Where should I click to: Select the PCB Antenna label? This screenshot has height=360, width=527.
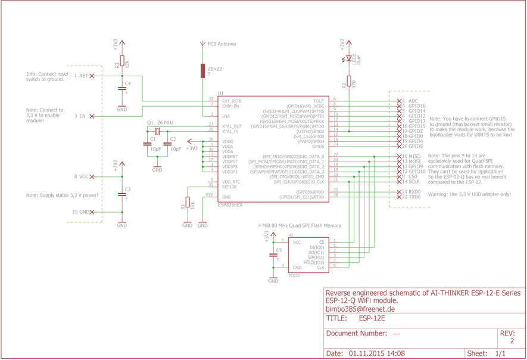(222, 44)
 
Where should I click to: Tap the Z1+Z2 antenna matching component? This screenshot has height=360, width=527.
(202, 70)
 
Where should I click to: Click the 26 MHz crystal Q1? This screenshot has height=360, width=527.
(157, 131)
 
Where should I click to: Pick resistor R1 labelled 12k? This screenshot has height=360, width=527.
(188, 204)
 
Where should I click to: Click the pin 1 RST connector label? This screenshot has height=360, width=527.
(81, 76)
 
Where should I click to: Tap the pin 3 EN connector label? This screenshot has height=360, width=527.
(80, 116)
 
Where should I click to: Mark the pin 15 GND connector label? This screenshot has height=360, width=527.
(80, 212)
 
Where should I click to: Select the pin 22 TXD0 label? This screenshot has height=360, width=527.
(411, 197)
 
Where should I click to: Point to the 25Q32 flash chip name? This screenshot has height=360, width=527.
(294, 276)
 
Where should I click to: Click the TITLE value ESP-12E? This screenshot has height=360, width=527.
(372, 319)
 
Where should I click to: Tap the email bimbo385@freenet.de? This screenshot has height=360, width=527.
(360, 309)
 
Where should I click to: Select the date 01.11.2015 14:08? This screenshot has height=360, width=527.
(376, 353)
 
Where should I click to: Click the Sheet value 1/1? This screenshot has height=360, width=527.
(500, 353)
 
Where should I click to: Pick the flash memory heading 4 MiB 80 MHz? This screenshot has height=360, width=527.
(300, 226)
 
